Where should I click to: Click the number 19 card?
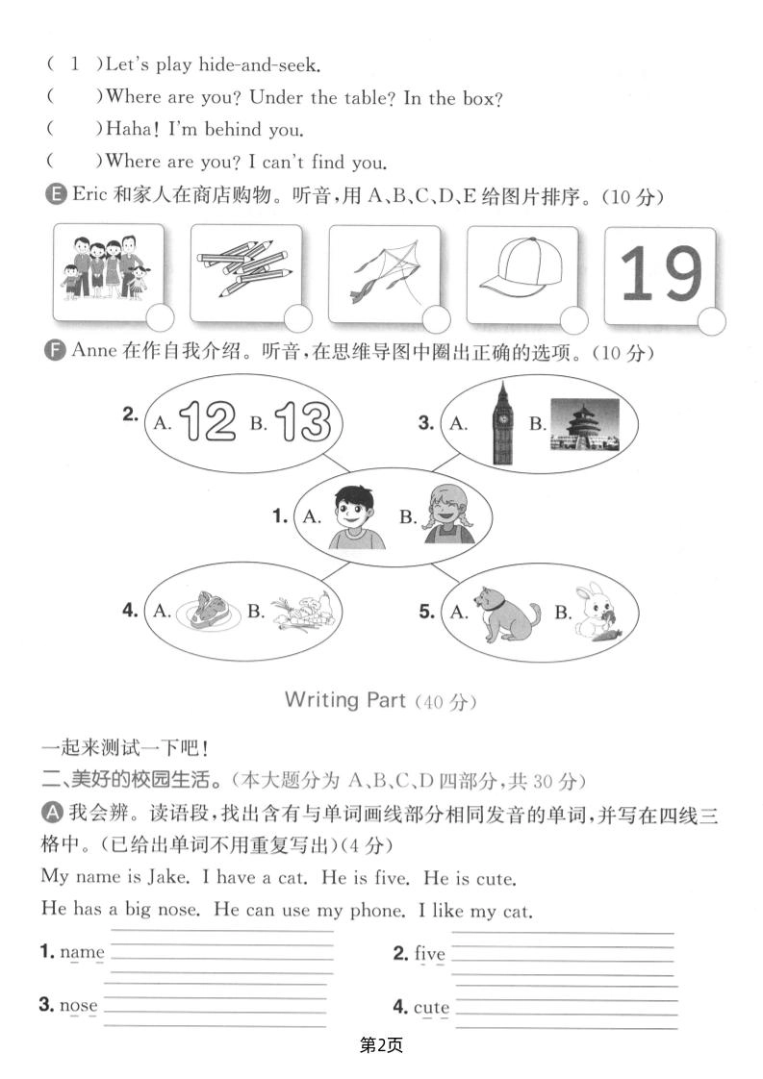coord(660,274)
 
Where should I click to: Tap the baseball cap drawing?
coord(521,271)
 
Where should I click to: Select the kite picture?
coord(382,270)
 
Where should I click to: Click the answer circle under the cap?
coord(573,320)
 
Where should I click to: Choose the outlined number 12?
coord(207,421)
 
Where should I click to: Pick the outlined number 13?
coord(301,421)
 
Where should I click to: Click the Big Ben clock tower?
coord(501,422)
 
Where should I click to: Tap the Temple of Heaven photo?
coord(583,425)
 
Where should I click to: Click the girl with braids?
coord(450,514)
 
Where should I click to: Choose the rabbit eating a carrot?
coord(597,610)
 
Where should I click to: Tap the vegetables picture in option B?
coord(303,610)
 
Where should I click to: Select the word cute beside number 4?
coord(431,1008)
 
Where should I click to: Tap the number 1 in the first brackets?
coord(75,64)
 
